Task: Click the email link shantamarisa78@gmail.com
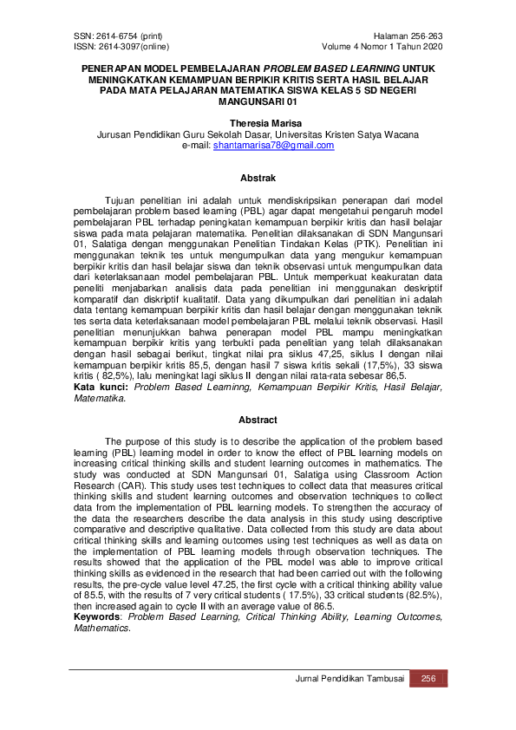pos(273,146)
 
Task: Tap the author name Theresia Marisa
pos(258,124)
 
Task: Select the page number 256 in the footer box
pos(429,679)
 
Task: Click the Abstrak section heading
pos(258,179)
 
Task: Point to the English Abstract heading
pos(258,420)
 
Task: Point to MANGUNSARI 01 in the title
pos(258,100)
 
